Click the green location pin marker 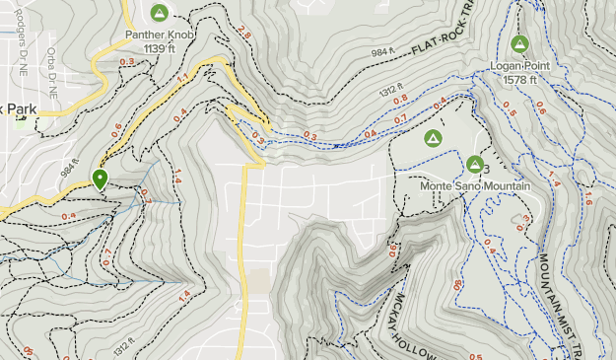point(100,179)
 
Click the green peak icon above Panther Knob point(159,12)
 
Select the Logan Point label point(519,66)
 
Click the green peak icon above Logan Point point(519,43)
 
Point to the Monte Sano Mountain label point(475,185)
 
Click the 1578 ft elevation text point(519,79)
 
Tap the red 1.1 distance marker point(183,78)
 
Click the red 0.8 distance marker point(400,100)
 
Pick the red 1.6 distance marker point(588,199)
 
